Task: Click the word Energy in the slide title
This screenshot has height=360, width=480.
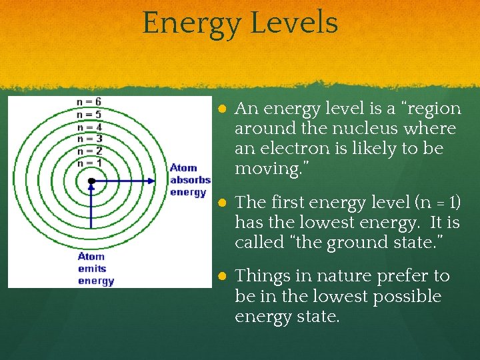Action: [x=191, y=23]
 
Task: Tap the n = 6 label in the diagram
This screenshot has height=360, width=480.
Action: [x=89, y=102]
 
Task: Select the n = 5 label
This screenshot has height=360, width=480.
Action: [x=89, y=115]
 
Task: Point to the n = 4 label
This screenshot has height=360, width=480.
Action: [x=89, y=127]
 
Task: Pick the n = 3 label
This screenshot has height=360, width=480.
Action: [x=89, y=139]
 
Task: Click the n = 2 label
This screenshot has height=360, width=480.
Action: [x=89, y=151]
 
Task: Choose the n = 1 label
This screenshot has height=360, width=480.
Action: [x=89, y=163]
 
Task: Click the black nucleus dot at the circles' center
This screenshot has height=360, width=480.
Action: [x=91, y=181]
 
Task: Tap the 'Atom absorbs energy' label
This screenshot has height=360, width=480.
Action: [x=189, y=180]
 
